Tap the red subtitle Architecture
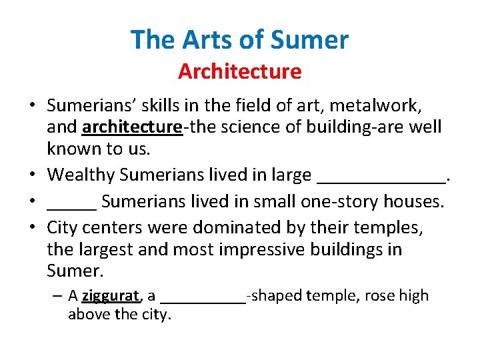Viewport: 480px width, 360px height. tap(239, 71)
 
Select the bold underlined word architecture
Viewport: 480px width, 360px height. tap(131, 127)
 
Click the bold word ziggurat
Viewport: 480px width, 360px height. tap(111, 295)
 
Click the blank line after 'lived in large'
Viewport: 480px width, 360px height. tap(382, 176)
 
